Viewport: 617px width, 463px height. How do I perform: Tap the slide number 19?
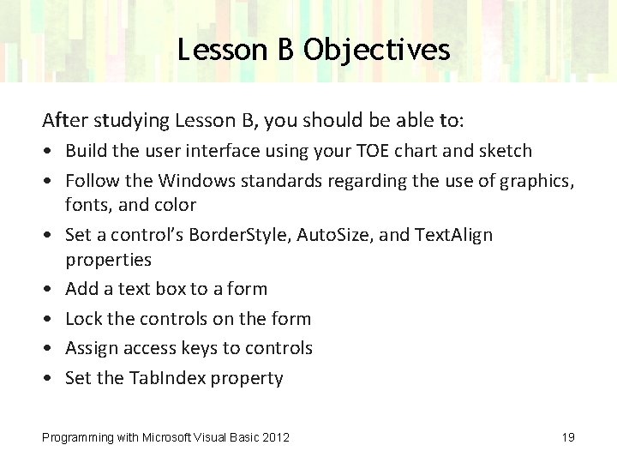[567, 437]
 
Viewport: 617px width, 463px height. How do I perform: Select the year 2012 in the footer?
[275, 437]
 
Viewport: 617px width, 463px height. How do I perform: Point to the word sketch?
[506, 151]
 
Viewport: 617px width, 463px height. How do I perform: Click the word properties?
[108, 259]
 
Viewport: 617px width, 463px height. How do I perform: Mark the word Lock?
[84, 318]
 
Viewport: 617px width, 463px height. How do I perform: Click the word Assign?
[91, 348]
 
